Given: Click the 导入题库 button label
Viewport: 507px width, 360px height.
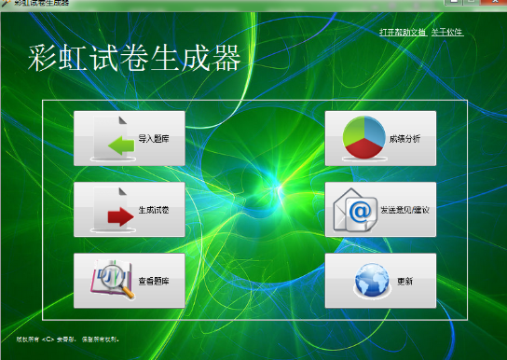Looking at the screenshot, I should (154, 139).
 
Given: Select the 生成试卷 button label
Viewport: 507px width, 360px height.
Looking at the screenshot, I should (154, 211).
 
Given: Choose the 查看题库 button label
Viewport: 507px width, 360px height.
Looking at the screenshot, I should (154, 281).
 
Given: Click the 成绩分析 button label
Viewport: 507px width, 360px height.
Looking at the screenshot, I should (404, 139).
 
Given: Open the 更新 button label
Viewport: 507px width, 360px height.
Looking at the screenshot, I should (404, 281).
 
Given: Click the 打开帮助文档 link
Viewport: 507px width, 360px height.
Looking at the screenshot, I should (403, 33).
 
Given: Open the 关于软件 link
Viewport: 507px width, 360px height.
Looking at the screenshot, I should (447, 33).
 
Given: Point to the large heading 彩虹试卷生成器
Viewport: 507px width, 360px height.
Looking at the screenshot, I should (134, 59).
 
